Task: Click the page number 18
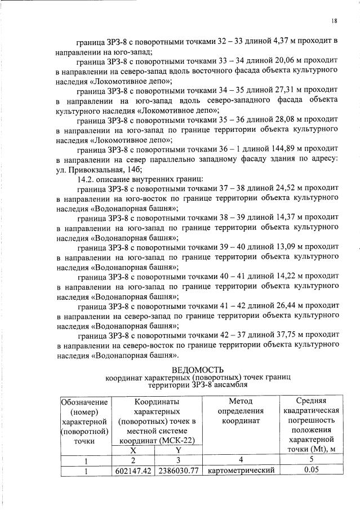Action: (x=334, y=21)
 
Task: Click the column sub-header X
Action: (x=134, y=450)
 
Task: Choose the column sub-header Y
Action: (x=177, y=450)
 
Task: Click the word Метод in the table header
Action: (x=241, y=402)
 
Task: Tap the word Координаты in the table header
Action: (x=155, y=402)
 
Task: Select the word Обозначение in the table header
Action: (x=85, y=402)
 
